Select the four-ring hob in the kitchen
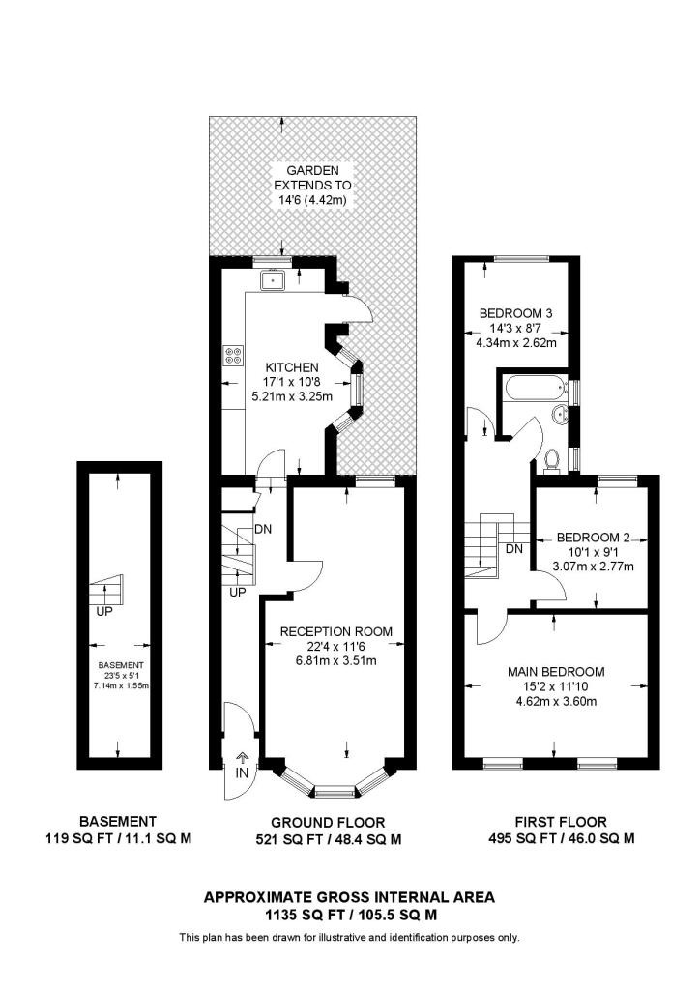coord(233,356)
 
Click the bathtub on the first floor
coord(535,390)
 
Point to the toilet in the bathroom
coord(553,462)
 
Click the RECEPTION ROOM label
coord(335,631)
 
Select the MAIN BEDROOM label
coord(556,672)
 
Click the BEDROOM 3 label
coord(516,313)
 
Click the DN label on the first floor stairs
coord(514,549)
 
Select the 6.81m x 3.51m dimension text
coord(335,662)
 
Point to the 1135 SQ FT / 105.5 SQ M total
coord(349,914)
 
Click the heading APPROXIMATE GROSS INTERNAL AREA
coord(349,896)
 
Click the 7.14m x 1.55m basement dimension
coord(119,684)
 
